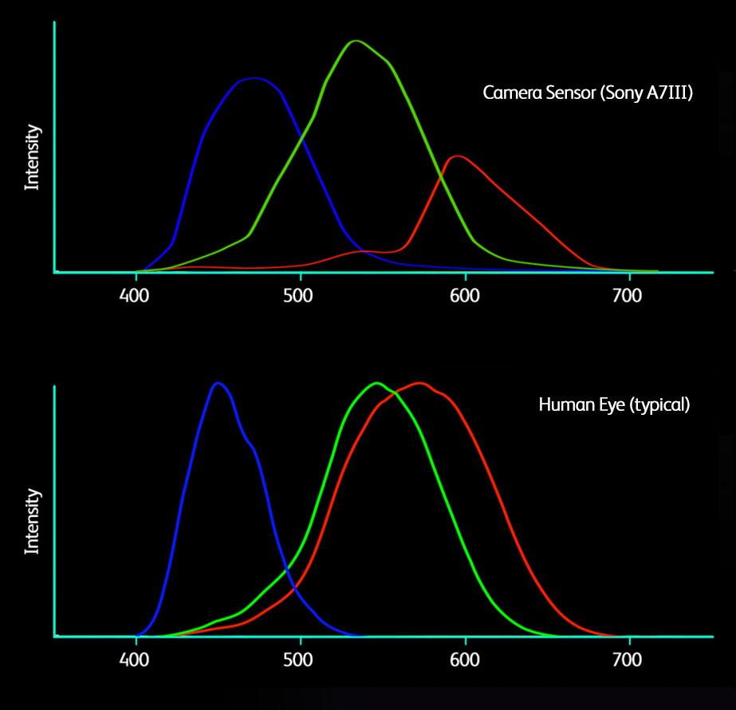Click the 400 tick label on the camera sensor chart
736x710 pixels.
point(136,296)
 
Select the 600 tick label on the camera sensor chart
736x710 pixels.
point(464,296)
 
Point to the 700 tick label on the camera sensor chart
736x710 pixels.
point(628,296)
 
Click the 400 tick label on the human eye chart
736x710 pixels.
point(136,661)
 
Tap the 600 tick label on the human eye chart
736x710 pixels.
point(464,661)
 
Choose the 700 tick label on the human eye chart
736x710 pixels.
point(628,661)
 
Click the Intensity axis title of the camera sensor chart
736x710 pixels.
point(32,156)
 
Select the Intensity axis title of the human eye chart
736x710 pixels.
point(32,522)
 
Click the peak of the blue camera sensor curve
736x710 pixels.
point(254,78)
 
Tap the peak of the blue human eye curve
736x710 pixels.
point(217,383)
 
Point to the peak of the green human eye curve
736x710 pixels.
point(376,383)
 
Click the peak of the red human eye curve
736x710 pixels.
point(419,383)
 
